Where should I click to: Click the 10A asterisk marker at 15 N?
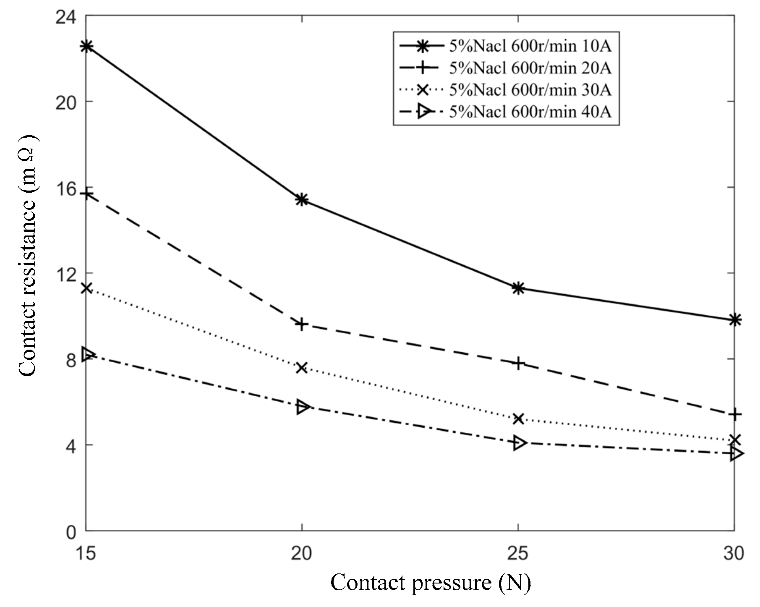(86, 46)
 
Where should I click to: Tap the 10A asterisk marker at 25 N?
(518, 288)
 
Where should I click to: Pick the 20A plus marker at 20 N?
(302, 324)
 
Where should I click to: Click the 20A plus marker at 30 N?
(734, 415)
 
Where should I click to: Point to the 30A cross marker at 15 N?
(86, 288)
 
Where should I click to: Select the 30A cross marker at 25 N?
(518, 419)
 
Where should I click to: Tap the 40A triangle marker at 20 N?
(302, 407)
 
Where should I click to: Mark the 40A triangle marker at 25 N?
(518, 443)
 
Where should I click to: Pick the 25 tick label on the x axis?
(518, 554)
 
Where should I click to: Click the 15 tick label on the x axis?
(86, 554)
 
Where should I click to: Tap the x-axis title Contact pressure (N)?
(431, 583)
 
